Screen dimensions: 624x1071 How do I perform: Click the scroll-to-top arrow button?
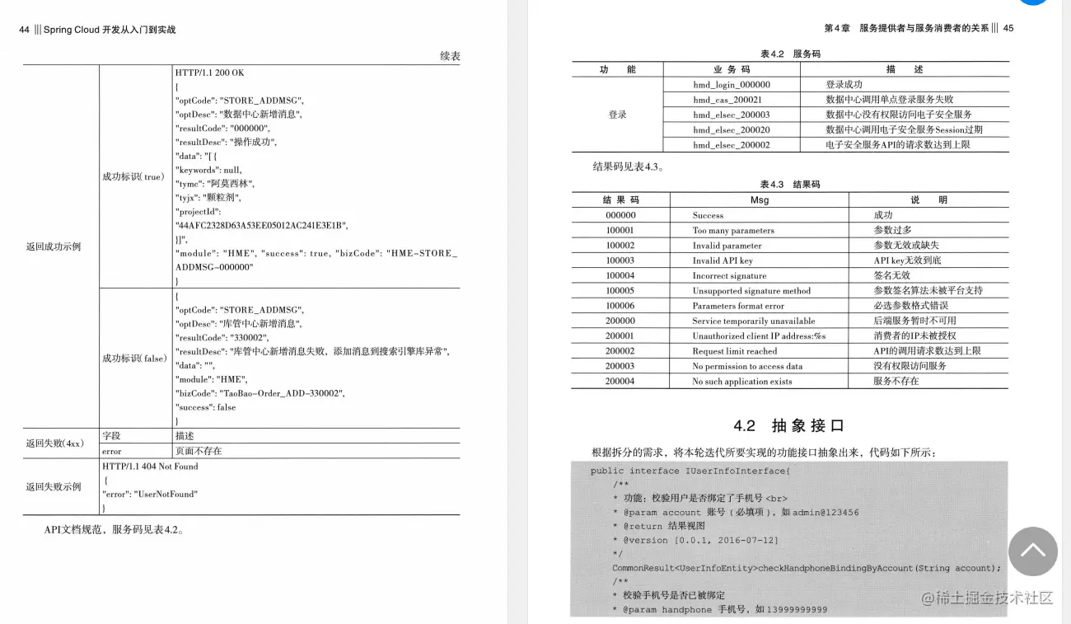pos(1032,551)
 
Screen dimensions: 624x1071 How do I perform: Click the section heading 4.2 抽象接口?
pos(789,425)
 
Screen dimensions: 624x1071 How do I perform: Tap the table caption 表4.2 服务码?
pos(789,54)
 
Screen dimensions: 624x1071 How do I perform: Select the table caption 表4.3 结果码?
pos(789,184)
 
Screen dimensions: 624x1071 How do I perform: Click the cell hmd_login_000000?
pos(731,84)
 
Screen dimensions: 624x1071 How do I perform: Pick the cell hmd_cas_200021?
pos(731,100)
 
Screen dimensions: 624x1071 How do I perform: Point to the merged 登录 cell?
pos(617,115)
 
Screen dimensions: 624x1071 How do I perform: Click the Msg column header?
pos(759,200)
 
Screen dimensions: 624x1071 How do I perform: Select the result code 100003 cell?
pos(620,260)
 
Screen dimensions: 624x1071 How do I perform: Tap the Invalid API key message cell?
pos(723,260)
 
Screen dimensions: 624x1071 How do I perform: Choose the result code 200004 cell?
pos(620,381)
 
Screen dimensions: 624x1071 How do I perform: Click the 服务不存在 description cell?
pos(896,381)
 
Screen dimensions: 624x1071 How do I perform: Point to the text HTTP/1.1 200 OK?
pos(209,73)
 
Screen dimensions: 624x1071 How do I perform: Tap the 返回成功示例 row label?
pos(54,246)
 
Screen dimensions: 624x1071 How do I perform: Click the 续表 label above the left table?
pos(450,56)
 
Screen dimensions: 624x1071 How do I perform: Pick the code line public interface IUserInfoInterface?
pos(690,471)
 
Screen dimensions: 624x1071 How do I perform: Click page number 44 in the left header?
pos(25,30)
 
